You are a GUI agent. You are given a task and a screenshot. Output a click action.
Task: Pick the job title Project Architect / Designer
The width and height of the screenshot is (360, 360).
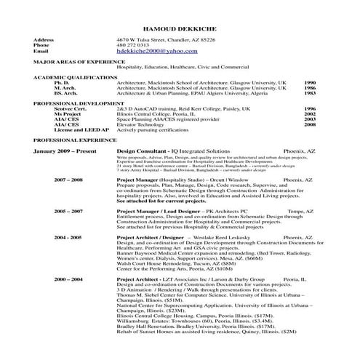click(x=149, y=237)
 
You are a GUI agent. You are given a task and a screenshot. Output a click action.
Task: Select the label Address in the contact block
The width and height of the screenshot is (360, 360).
click(x=44, y=39)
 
